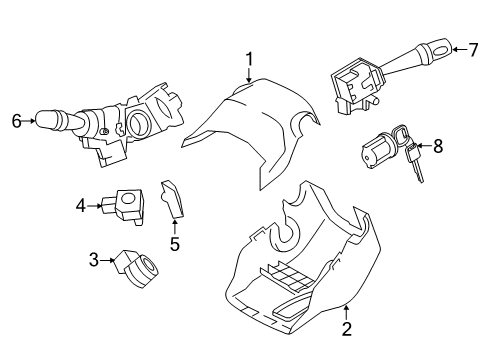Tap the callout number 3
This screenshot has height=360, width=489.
(95, 261)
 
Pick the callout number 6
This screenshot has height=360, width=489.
(16, 121)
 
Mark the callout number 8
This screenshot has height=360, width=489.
(436, 146)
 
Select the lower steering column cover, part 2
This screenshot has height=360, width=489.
(300, 270)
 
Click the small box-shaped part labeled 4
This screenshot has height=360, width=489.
(126, 205)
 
